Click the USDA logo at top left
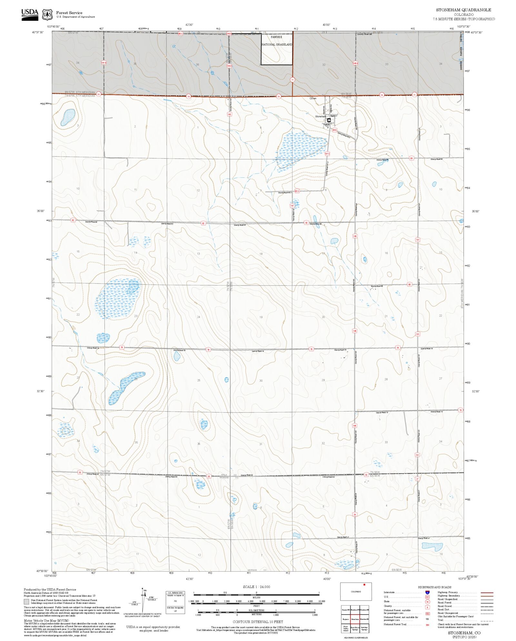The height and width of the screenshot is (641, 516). [x=30, y=15]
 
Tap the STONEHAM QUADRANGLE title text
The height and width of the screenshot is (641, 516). [x=463, y=10]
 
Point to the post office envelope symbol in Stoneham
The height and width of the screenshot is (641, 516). [x=329, y=120]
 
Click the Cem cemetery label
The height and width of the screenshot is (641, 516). [x=313, y=98]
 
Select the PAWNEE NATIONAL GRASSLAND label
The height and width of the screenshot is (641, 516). [x=276, y=41]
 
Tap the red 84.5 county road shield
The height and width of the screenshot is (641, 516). [x=335, y=130]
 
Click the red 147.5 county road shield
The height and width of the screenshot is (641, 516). [x=327, y=154]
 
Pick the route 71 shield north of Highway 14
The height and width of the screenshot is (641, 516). [x=292, y=79]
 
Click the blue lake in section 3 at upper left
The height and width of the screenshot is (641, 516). [x=68, y=117]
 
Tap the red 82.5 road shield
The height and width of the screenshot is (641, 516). [x=297, y=191]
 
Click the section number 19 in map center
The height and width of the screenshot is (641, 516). [x=261, y=317]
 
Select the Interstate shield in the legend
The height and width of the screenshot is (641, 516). [x=427, y=593]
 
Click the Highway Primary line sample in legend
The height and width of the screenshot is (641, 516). [x=487, y=593]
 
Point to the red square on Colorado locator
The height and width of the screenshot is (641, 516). [x=364, y=585]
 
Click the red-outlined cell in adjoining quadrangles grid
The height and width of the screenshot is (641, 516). [x=355, y=619]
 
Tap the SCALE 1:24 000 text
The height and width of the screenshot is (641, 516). [x=256, y=587]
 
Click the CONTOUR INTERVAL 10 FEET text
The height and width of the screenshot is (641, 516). [x=258, y=622]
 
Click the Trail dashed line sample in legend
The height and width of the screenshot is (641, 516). [x=487, y=620]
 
